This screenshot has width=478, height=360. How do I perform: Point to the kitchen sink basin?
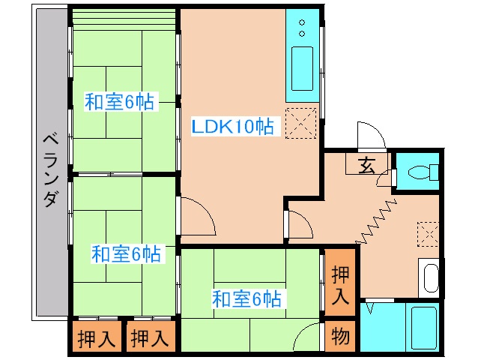pos(302,68)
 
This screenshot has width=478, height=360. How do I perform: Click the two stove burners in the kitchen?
pos(302,28)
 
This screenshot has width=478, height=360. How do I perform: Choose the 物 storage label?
pos(340,336)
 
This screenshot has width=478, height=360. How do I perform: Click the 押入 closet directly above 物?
pos(340,285)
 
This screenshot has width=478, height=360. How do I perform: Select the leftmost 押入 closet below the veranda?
pos(97,338)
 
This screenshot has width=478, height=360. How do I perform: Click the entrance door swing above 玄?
pos(371,136)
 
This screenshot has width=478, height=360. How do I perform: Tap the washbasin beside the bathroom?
pos(430,278)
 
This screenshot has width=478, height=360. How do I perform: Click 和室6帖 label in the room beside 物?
pos(246,298)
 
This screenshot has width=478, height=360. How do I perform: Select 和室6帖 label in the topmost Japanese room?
pos(119,103)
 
